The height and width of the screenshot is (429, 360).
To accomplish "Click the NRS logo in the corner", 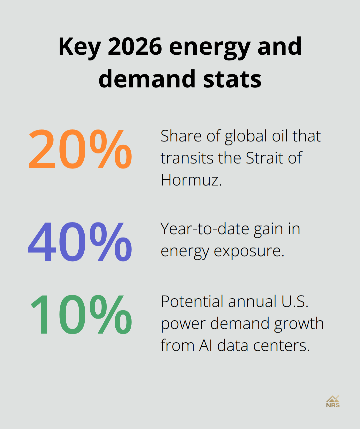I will click(333, 401).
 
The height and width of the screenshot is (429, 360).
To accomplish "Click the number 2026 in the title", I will click(135, 47).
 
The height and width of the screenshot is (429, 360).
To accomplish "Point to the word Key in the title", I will click(79, 47).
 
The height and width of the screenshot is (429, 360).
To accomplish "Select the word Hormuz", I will click(191, 180).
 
